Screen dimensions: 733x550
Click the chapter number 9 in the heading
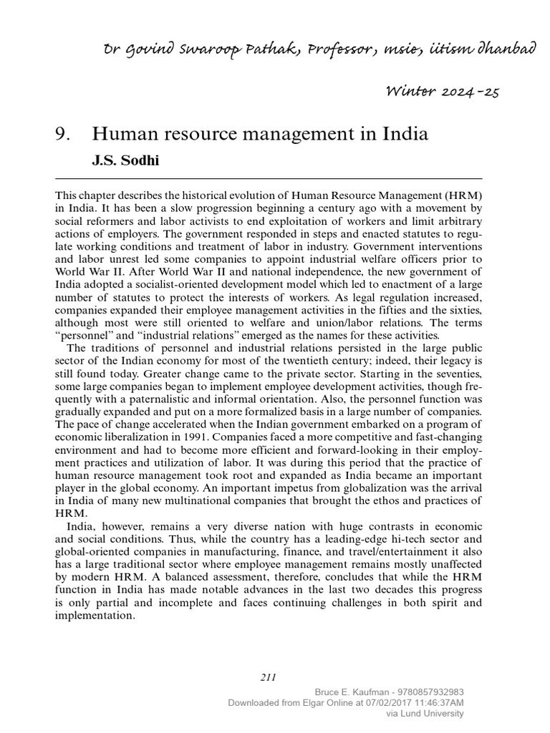(61, 134)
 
